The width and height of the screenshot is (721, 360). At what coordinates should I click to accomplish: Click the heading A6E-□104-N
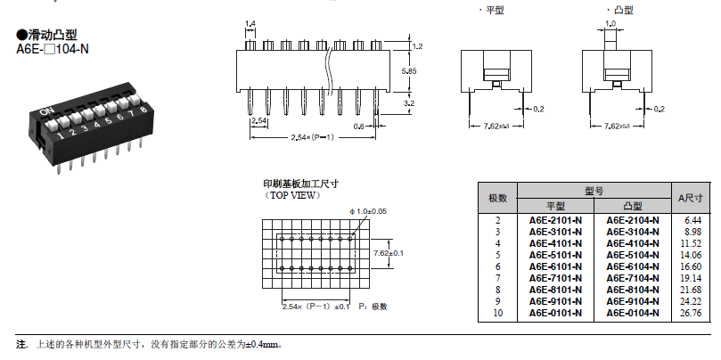tap(53, 50)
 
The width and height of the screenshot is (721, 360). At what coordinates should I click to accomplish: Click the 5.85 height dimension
tap(411, 70)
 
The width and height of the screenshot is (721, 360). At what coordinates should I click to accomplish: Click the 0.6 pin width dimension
tap(357, 127)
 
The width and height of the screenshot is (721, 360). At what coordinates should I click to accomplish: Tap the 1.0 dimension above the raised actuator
tap(610, 24)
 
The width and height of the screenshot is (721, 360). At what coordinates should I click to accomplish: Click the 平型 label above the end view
tap(493, 10)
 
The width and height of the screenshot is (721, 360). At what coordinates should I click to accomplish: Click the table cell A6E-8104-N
tap(633, 290)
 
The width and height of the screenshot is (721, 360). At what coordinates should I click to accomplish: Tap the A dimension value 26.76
tap(692, 313)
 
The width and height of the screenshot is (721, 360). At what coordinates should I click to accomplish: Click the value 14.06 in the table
tap(692, 255)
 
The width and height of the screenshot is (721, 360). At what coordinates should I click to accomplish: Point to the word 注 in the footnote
tap(21, 344)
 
